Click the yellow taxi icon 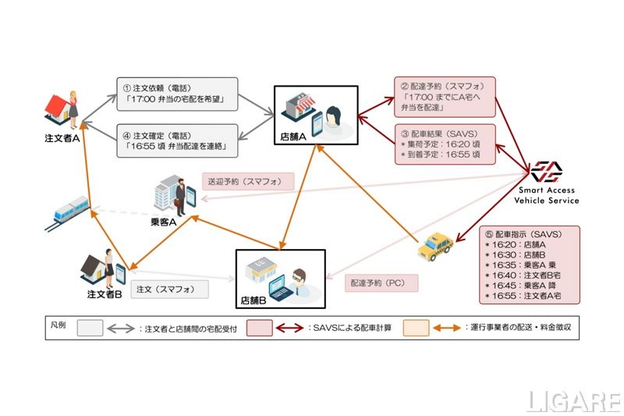coord(434,247)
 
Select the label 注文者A coord(63,138)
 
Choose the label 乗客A coord(163,222)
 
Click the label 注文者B coord(105,294)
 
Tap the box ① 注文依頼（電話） coord(177,94)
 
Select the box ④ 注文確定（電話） coord(177,140)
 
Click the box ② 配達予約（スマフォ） coord(445,95)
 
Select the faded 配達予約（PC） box coord(381,282)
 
